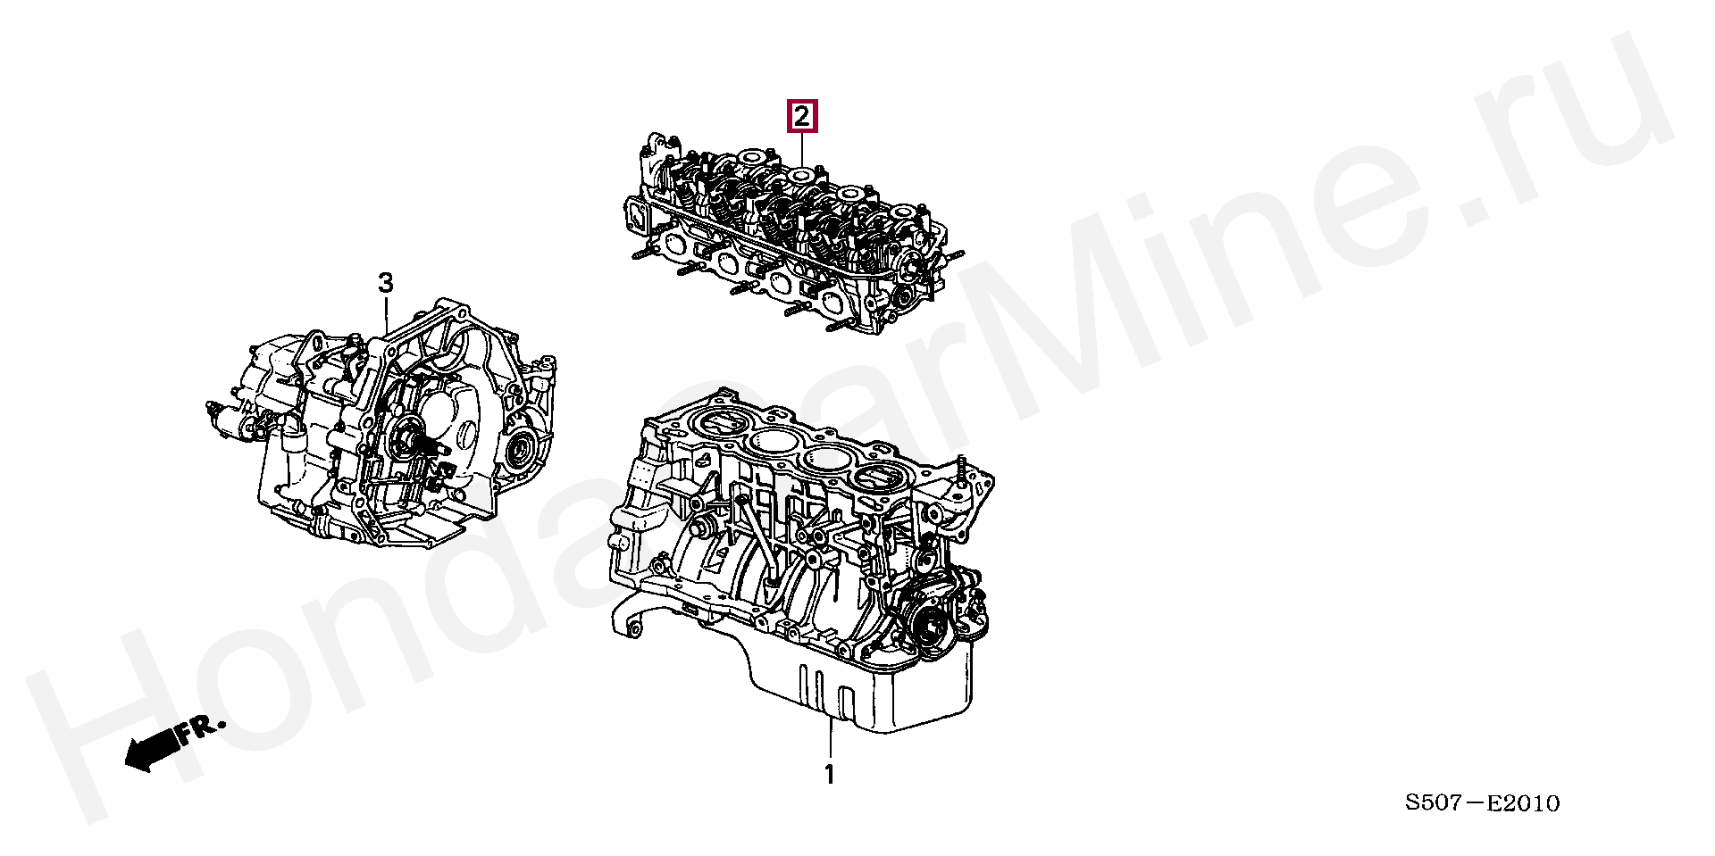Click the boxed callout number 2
click(x=800, y=116)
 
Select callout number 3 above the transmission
click(x=385, y=284)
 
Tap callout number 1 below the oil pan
click(x=829, y=775)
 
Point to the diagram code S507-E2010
click(x=1483, y=803)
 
